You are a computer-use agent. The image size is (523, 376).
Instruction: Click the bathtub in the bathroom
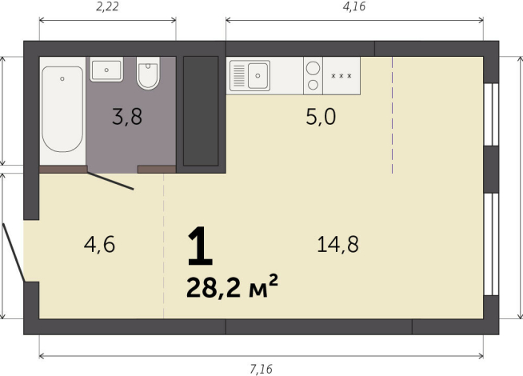(x=62, y=109)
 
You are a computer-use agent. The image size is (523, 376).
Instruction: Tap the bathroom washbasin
(x=106, y=70)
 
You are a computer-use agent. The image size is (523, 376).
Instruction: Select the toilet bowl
(x=148, y=73)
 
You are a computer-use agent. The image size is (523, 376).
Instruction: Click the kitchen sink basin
(x=258, y=76)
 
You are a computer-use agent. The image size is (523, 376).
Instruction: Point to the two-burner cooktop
(x=313, y=76)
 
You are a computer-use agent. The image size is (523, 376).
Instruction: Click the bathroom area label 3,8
(x=127, y=117)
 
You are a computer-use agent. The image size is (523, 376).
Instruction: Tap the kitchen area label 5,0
(x=321, y=117)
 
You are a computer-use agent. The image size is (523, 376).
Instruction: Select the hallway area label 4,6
(x=99, y=244)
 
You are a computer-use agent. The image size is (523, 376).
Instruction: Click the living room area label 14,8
(x=337, y=244)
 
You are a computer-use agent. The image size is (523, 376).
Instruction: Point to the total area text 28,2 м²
(x=232, y=287)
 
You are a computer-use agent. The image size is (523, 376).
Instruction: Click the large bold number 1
(x=200, y=246)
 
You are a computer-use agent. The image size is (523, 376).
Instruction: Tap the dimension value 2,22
(x=107, y=6)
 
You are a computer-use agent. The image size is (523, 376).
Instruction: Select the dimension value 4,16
(x=354, y=6)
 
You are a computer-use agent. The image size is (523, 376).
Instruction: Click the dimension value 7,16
(x=261, y=369)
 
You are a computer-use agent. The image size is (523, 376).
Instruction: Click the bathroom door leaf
(x=110, y=181)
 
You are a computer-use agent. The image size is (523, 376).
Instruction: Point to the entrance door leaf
(x=14, y=252)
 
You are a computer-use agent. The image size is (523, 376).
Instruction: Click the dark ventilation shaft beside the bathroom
(x=201, y=111)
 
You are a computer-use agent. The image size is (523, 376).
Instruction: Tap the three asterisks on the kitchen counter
(x=341, y=76)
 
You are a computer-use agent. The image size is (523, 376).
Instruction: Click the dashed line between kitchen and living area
(x=392, y=115)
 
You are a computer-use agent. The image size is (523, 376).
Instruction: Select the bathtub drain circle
(x=62, y=78)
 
